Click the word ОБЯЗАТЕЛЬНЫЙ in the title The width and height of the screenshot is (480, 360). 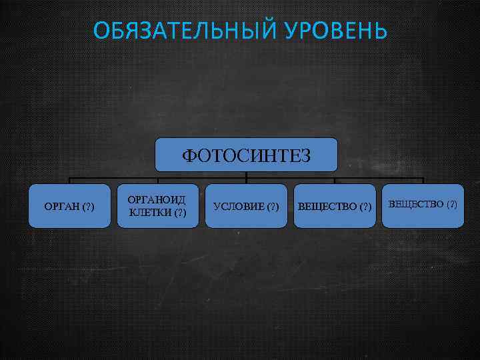point(175,31)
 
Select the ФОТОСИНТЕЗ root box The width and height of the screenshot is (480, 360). point(246,155)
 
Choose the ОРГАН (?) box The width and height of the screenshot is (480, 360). point(69,206)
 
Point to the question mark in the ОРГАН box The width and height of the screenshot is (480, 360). point(87,206)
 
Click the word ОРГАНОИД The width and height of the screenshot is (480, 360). point(157,200)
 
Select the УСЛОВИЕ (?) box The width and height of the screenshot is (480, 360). point(246,206)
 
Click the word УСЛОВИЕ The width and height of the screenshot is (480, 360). point(237,206)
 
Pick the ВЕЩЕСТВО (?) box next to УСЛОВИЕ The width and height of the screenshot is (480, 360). point(335,206)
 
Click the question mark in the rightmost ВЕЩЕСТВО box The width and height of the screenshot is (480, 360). point(451,203)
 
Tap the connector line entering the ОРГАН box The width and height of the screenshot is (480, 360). point(69,180)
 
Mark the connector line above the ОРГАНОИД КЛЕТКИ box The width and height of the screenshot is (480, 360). point(157,180)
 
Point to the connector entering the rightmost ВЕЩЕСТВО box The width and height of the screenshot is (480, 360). point(423,180)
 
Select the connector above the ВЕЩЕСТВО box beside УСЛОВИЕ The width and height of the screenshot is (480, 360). point(335,180)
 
